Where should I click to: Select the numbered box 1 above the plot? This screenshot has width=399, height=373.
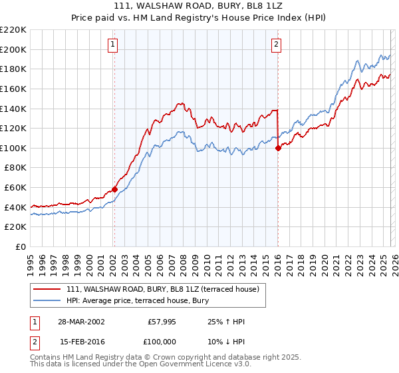pyautogui.click(x=113, y=45)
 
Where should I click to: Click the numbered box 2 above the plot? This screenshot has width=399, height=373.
pyautogui.click(x=276, y=45)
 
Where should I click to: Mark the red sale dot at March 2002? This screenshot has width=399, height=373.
pyautogui.click(x=114, y=189)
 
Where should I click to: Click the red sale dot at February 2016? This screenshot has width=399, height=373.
pyautogui.click(x=277, y=148)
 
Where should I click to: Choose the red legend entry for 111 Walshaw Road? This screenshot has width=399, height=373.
pyautogui.click(x=166, y=288)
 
